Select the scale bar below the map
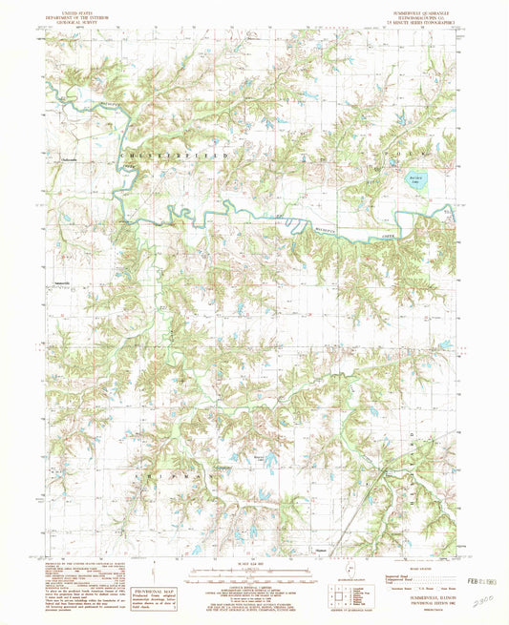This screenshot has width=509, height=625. click(x=252, y=573)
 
